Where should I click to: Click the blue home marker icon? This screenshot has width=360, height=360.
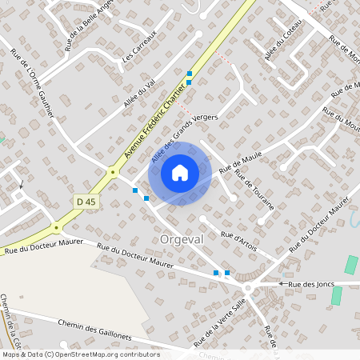(x=180, y=172)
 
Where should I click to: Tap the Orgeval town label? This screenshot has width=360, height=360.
(x=183, y=239)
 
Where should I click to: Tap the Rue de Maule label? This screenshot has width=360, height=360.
(x=241, y=163)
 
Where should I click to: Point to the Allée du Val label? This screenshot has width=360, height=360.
(x=139, y=94)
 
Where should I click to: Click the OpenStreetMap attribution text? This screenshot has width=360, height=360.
(x=80, y=354)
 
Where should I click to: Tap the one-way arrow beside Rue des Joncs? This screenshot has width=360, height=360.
(x=282, y=284)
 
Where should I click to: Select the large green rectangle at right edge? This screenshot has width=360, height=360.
(x=351, y=265)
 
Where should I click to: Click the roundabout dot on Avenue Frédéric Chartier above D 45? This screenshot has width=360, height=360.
(x=113, y=172)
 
